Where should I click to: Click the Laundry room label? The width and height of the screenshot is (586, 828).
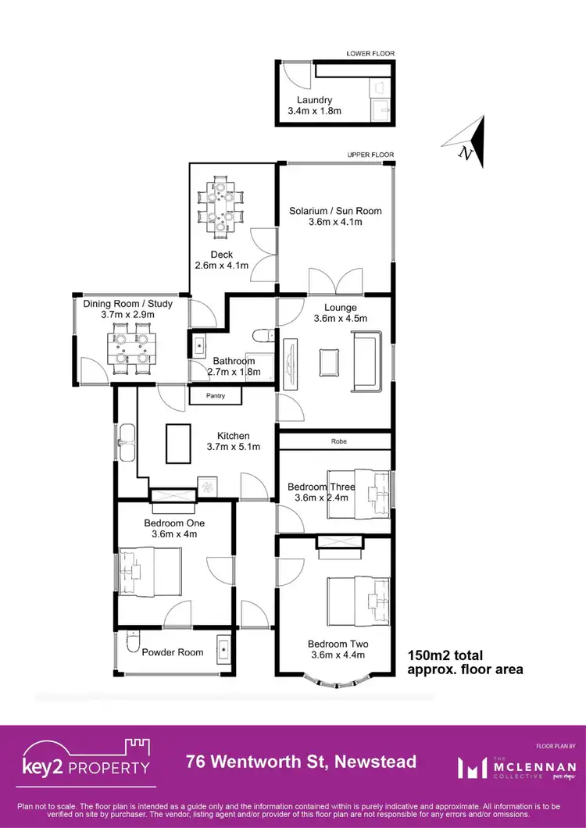tap(314, 100)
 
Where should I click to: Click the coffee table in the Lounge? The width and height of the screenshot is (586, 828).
tap(329, 362)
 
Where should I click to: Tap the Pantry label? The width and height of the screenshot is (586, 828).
tap(216, 396)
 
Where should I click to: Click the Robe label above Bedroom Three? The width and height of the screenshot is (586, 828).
tap(338, 441)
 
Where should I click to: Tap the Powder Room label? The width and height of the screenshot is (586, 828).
tap(172, 652)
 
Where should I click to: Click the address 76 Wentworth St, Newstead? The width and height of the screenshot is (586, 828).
tap(300, 761)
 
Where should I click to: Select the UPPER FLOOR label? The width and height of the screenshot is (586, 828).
tap(370, 155)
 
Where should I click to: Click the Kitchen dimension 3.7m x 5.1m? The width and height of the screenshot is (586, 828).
tap(233, 447)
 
